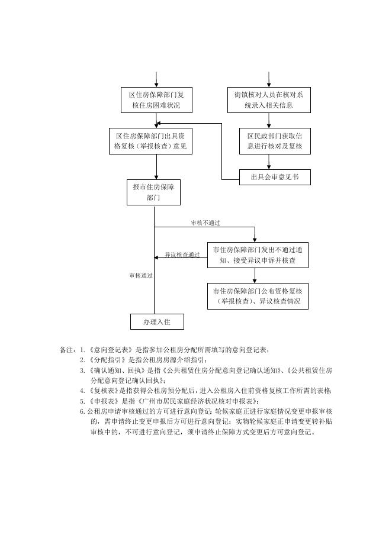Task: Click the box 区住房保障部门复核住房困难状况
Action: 156,101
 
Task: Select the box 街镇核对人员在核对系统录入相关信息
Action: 269,101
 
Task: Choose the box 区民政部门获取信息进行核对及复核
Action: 275,141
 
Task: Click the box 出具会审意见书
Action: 275,176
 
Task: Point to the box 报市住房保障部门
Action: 154,193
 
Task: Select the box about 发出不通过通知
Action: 258,255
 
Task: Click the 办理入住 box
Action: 157,321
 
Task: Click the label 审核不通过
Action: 201,223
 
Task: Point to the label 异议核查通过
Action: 182,255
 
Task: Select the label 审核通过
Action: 141,276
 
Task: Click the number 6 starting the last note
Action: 82,411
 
